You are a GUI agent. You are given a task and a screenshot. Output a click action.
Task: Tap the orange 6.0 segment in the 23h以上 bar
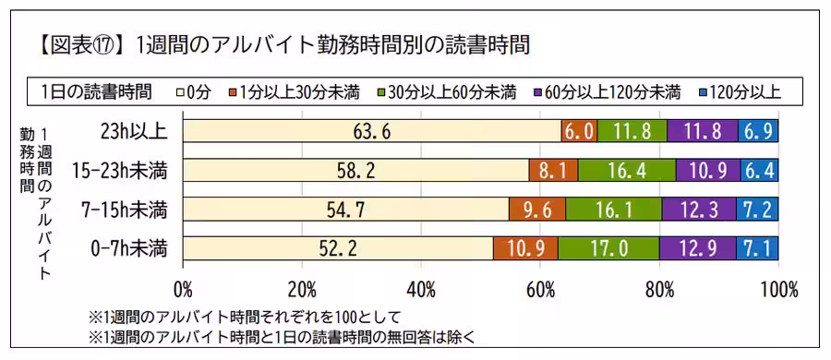pos(579,131)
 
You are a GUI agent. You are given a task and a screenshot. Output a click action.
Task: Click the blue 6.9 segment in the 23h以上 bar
pos(759,131)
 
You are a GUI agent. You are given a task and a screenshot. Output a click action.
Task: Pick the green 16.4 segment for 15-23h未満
pos(627,171)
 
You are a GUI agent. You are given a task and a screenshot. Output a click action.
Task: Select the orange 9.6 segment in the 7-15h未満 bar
pos(536,210)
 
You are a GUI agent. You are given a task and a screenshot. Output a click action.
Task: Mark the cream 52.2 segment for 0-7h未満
pos(338,248)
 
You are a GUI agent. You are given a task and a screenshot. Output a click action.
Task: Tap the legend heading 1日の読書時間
pos(96,90)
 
